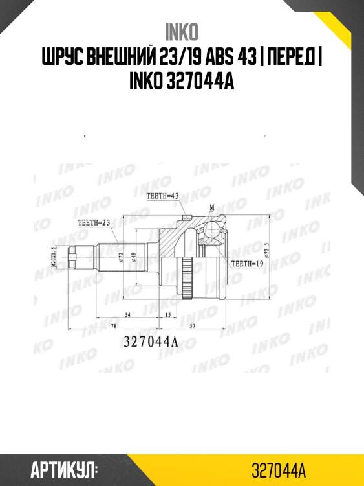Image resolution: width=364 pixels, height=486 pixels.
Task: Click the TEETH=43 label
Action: [x=162, y=195]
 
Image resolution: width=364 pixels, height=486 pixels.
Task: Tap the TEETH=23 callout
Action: [x=94, y=222]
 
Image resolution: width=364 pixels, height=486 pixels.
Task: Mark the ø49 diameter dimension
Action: [x=133, y=257]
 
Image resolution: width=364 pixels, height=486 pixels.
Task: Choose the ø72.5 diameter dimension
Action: [x=266, y=249]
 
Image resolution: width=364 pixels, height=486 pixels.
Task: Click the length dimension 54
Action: [x=128, y=314]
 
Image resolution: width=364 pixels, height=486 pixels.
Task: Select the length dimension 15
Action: [x=167, y=314]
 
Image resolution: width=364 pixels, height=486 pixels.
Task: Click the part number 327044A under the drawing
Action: [x=150, y=343]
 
